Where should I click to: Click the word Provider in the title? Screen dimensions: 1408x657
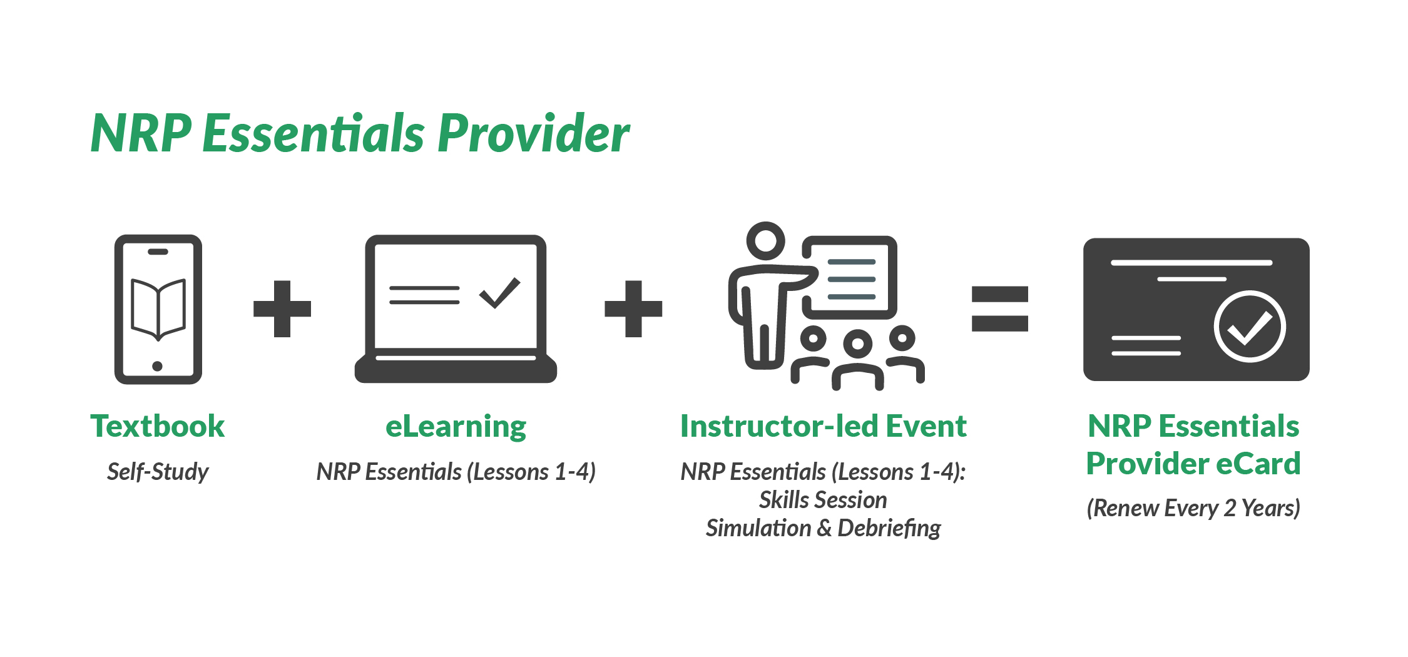tap(533, 133)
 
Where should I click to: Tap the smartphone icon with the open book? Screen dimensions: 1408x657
tap(158, 309)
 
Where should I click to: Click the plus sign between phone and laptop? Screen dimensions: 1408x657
tap(282, 308)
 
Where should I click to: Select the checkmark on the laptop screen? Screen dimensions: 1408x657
tap(499, 293)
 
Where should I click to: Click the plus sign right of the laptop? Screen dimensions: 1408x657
tap(633, 308)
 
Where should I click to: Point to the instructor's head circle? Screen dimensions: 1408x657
tap(765, 240)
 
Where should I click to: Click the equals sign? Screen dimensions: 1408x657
tap(999, 308)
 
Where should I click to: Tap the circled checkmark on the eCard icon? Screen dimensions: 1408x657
tap(1250, 326)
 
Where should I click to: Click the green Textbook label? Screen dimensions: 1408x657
tap(158, 426)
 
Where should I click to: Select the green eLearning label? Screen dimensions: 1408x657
tap(456, 427)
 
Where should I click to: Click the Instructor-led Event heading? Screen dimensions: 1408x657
tap(824, 426)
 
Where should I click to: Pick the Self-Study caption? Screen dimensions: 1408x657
tap(158, 472)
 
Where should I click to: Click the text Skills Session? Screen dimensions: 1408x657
tap(823, 500)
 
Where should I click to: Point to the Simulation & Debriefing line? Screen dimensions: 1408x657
tap(823, 529)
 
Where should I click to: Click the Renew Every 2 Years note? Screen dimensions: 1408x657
tap(1193, 508)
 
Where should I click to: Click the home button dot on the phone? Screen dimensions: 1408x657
tap(158, 366)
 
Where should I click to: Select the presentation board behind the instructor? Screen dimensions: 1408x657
tap(850, 278)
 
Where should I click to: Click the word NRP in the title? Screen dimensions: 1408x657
tap(141, 133)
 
